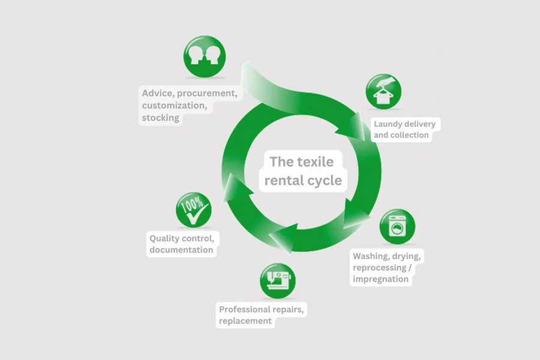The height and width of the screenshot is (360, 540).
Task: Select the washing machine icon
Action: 397,227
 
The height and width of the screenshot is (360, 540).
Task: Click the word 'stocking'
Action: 160,118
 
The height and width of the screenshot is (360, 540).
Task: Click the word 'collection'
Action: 410,135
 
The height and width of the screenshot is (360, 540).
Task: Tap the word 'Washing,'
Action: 372,257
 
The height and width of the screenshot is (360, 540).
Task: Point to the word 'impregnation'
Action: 380,279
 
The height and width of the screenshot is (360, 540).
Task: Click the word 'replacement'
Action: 245,321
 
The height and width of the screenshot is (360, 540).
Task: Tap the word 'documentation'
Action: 181,250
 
